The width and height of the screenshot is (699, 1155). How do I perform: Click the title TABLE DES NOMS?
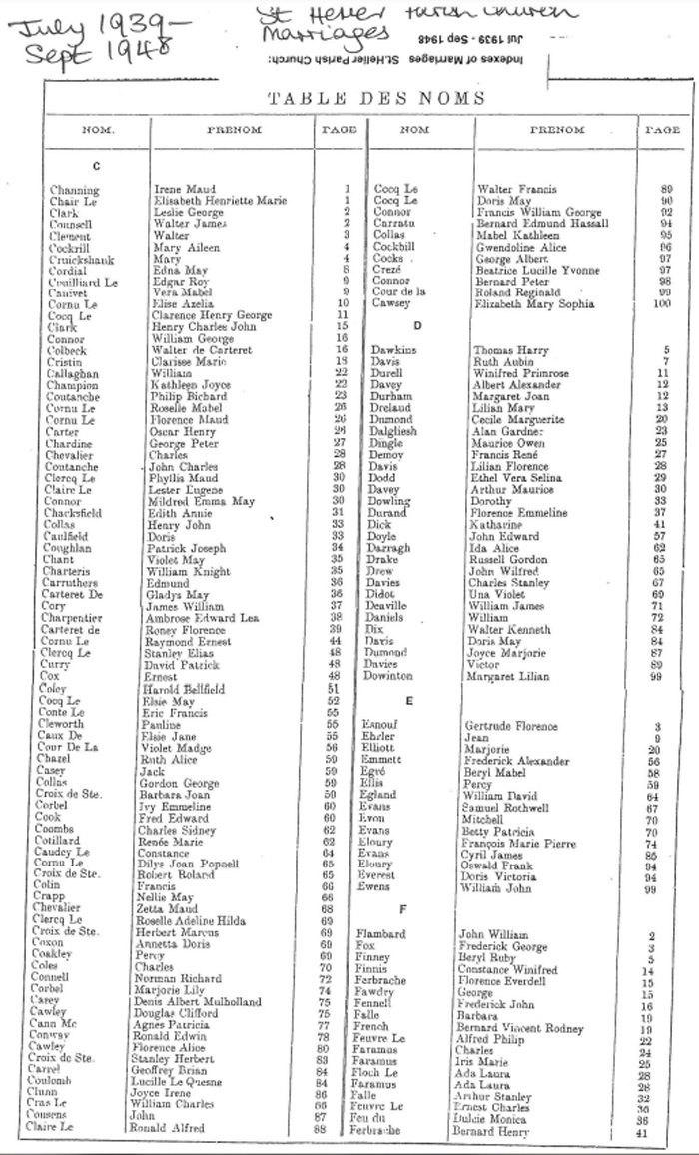[376, 98]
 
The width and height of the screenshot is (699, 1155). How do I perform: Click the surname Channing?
[75, 190]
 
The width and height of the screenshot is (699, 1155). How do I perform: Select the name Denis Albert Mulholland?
[210, 1001]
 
